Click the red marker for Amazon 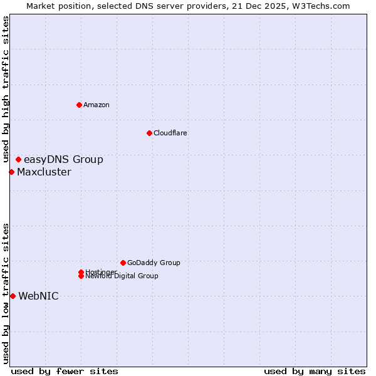click(79, 105)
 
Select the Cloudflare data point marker click(149, 133)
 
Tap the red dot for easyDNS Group click(18, 160)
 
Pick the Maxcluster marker click(11, 172)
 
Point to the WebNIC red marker click(13, 296)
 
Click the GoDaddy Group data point click(123, 263)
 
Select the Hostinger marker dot click(81, 272)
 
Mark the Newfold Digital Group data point click(81, 276)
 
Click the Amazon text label click(97, 105)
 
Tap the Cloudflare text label click(170, 133)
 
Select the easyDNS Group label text click(63, 160)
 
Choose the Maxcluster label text click(44, 172)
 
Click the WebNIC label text click(38, 296)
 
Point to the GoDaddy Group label click(154, 263)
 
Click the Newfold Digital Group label click(122, 276)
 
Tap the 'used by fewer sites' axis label click(65, 371)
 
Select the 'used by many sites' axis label click(315, 371)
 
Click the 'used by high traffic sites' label click(6, 89)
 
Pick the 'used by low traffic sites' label click(6, 293)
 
